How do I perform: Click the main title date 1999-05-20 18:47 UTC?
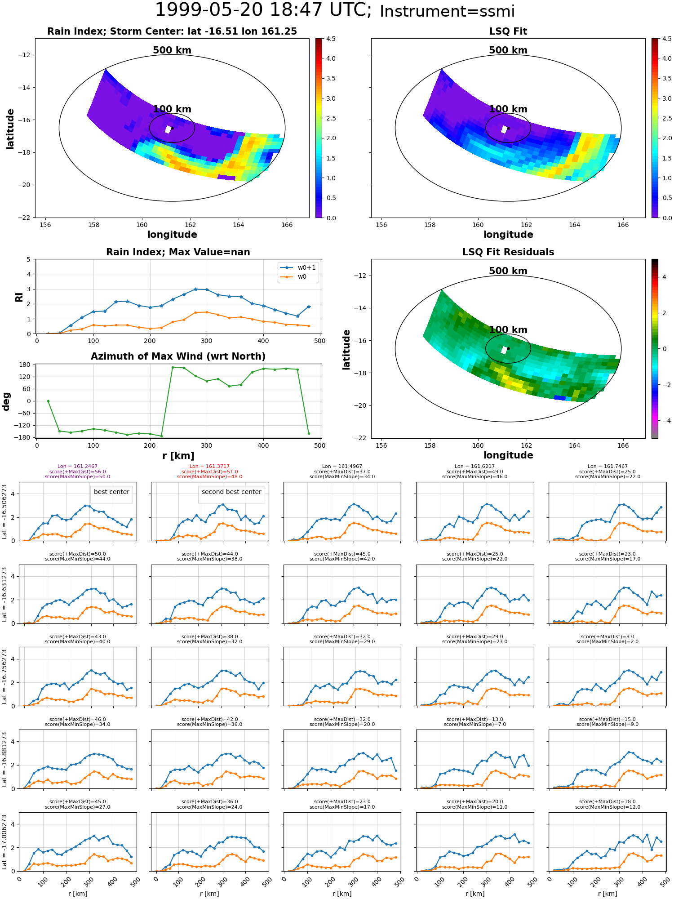(263, 10)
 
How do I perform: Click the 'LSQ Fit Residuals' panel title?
(508, 252)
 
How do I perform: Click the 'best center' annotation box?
(111, 492)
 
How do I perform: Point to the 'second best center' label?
(231, 492)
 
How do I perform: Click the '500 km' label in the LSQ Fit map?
(508, 50)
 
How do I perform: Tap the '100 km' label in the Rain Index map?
(172, 109)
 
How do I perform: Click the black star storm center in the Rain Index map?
(172, 128)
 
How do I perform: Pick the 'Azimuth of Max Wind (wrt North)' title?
(178, 356)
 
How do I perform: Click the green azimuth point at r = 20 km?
(48, 401)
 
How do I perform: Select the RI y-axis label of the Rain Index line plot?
(19, 297)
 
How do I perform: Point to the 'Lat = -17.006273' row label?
(4, 842)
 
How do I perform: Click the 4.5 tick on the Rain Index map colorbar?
(331, 39)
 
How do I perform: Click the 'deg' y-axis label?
(6, 401)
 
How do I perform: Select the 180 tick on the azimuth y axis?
(26, 365)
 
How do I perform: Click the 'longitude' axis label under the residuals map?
(508, 455)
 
